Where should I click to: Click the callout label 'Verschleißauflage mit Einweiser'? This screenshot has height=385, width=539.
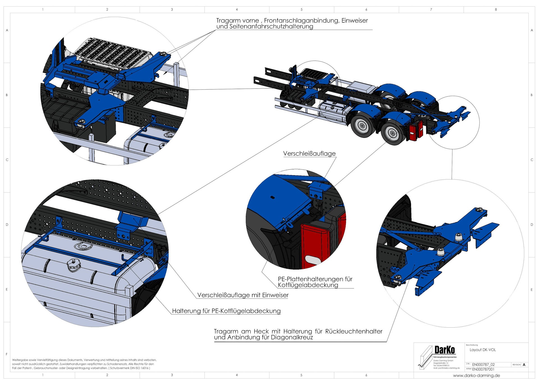click(243, 295)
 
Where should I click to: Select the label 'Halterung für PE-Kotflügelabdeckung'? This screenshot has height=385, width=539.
click(226, 311)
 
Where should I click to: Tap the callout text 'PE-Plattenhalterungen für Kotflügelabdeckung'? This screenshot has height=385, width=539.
click(315, 282)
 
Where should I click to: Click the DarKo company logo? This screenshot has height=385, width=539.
click(444, 350)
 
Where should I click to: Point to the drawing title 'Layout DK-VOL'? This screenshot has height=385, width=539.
click(483, 350)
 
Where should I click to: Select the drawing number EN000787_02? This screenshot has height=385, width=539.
click(483, 365)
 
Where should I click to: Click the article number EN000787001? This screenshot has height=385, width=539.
click(483, 369)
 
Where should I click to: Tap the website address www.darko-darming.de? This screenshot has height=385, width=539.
click(476, 375)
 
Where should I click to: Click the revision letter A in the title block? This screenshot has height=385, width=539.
click(524, 365)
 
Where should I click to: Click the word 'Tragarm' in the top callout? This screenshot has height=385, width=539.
click(227, 20)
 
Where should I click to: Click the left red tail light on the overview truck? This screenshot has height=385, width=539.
click(413, 132)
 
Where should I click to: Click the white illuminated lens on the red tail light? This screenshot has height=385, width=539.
click(312, 260)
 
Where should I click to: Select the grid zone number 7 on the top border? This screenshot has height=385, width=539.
click(431, 10)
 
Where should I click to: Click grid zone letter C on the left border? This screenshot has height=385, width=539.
click(7, 160)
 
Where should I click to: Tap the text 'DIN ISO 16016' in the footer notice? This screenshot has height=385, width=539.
click(137, 368)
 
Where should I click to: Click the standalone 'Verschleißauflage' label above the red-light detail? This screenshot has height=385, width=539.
click(309, 154)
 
